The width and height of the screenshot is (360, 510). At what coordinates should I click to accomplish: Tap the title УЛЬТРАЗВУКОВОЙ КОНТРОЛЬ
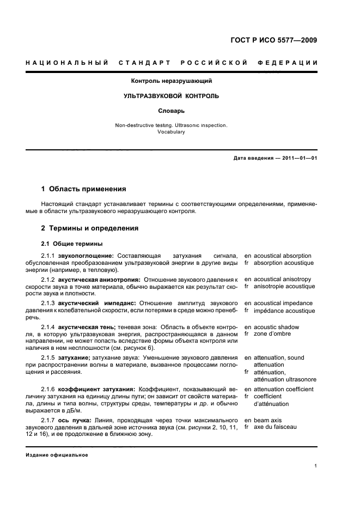171,96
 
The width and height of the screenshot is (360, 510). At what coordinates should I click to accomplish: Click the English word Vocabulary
171,132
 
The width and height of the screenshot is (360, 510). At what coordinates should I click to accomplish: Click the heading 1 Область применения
84,189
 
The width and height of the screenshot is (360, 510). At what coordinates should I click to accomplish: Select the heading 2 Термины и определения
90,228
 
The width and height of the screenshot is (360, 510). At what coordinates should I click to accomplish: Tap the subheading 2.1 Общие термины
72,243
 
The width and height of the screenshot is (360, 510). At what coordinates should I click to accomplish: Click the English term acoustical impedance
282,303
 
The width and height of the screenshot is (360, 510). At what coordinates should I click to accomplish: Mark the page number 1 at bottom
315,466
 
